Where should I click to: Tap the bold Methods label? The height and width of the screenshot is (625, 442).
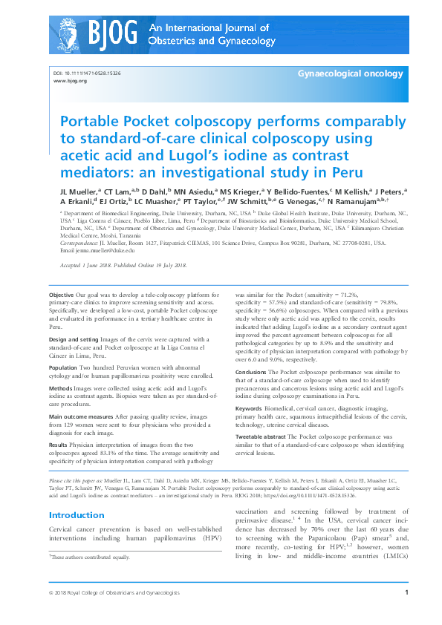coord(62,387)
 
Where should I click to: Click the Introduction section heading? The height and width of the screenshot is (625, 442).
coord(77,515)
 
